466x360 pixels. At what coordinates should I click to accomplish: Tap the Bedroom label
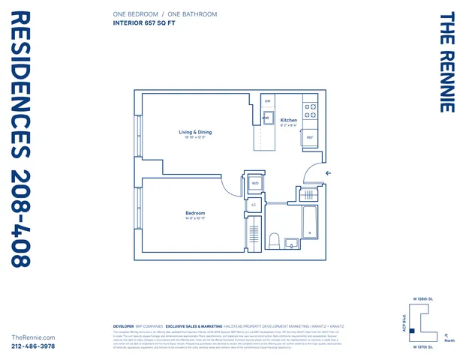coord(195,214)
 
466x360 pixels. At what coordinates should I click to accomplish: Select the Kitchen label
coord(289,120)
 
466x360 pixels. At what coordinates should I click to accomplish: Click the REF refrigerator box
coord(310,138)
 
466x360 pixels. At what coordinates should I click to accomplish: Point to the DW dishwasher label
coord(268,100)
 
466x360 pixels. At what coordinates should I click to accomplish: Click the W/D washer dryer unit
coord(254,183)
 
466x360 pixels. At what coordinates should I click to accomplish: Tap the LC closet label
coord(254,205)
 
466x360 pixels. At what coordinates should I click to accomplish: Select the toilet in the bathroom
coord(275,241)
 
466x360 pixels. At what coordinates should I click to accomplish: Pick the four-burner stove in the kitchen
coord(311,111)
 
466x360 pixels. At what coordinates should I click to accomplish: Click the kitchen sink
coord(266,118)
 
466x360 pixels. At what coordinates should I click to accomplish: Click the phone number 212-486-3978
coord(35,346)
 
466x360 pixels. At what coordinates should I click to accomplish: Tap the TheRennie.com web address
coord(35,337)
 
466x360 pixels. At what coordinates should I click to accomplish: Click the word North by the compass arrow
coord(449,340)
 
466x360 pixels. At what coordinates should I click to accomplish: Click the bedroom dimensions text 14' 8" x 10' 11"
coord(195,219)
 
